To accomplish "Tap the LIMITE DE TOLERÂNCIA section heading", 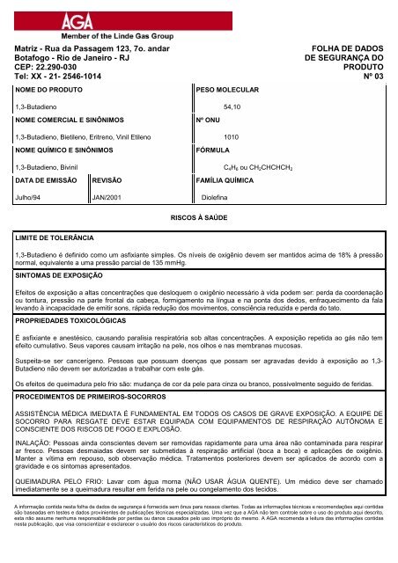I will coord(54,238).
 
